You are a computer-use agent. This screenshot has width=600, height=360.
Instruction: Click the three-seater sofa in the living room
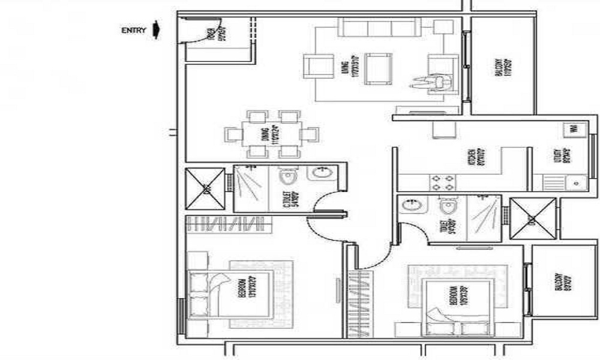377,28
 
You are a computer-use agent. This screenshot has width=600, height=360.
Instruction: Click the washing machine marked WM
572,128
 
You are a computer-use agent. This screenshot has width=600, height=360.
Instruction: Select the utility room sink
575,182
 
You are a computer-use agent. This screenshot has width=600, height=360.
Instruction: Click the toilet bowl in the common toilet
289,177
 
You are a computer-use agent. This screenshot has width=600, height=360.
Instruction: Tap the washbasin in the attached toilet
412,206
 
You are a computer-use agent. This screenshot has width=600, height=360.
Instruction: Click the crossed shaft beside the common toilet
205,188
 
